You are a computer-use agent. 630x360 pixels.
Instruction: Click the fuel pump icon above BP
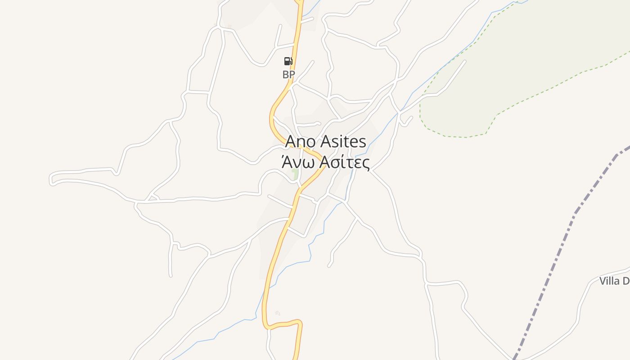coord(288,62)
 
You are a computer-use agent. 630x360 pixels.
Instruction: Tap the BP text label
coord(288,75)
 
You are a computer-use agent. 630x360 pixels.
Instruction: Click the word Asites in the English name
coord(343,142)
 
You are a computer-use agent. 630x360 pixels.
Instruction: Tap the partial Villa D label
coord(614,281)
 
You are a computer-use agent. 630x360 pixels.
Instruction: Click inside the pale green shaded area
coord(517,67)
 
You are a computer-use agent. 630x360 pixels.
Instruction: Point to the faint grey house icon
coord(278,313)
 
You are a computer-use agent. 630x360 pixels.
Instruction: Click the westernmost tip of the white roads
coord(51,179)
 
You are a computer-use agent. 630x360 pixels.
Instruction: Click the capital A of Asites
coord(325,142)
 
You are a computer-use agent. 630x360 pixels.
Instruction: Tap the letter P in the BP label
coord(292,75)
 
